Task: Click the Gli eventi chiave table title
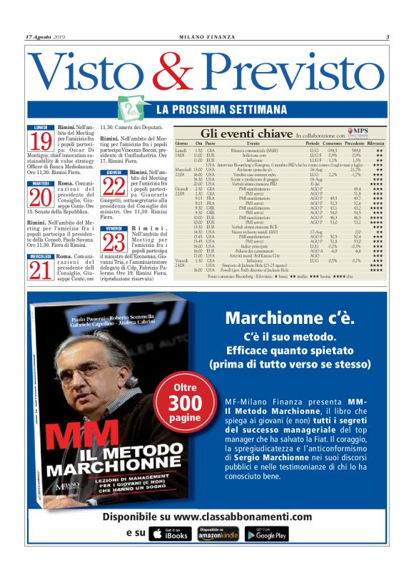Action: pyautogui.click(x=247, y=133)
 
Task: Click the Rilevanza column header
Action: pyautogui.click(x=375, y=143)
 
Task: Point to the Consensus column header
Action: pyautogui.click(x=316, y=143)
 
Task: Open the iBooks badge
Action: pyautogui.click(x=168, y=533)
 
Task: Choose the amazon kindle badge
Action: pyautogui.click(x=217, y=533)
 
